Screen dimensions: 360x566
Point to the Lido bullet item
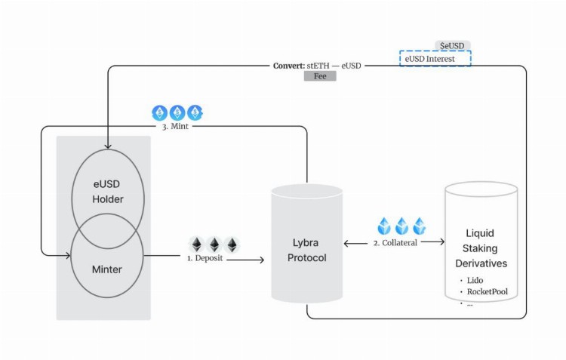476,279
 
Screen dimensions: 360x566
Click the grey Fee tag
320,76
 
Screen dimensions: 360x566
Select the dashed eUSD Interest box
435,58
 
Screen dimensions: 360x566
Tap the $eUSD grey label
451,46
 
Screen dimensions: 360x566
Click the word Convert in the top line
288,66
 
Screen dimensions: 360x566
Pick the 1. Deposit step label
206,259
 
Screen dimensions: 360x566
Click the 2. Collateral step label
396,243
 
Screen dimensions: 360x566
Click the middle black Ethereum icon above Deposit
214,245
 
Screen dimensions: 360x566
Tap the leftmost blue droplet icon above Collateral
384,225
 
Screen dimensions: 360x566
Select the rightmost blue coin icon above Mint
195,113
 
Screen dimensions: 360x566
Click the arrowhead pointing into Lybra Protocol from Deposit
261,260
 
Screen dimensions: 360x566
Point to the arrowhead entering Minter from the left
66,256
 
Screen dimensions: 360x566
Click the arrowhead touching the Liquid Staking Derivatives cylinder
441,243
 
